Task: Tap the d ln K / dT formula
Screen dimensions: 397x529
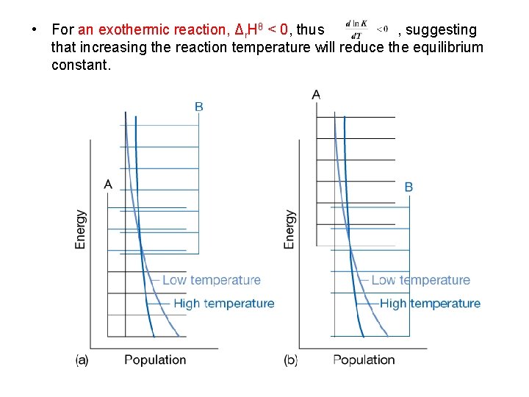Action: coord(366,29)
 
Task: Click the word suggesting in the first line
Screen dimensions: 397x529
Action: coord(441,30)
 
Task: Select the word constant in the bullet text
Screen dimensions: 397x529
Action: coord(80,65)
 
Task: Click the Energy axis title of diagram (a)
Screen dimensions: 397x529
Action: coord(81,229)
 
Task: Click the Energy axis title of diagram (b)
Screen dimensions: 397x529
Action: coord(289,229)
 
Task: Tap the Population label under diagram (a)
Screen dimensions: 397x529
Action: coord(155,360)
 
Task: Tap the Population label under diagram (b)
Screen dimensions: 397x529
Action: coord(364,360)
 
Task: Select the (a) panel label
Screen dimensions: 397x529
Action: coord(82,360)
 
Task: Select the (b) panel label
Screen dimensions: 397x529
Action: coord(291,360)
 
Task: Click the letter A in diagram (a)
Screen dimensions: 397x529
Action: coord(108,184)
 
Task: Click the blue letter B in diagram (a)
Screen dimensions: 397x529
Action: coord(199,107)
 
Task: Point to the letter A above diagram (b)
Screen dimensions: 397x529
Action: coord(316,94)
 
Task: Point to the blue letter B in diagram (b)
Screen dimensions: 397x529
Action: coord(409,187)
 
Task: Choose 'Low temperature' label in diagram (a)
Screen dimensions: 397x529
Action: coord(211,280)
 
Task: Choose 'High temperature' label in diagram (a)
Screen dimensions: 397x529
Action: coord(223,304)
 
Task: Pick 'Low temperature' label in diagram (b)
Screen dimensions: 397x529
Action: coord(420,280)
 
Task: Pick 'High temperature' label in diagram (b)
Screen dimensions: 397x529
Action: coord(430,304)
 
